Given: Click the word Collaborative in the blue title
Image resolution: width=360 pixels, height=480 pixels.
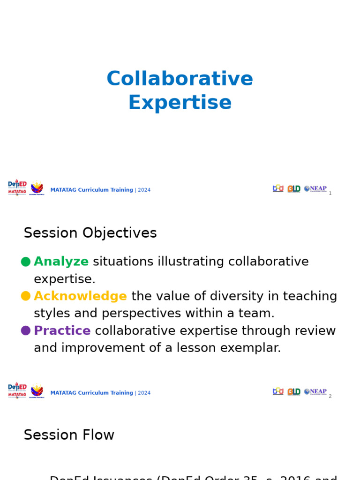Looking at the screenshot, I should pyautogui.click(x=180, y=79).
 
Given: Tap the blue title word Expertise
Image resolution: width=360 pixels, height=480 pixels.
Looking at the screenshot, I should pyautogui.click(x=180, y=103).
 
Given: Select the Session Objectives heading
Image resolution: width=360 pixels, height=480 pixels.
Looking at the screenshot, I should pyautogui.click(x=90, y=233).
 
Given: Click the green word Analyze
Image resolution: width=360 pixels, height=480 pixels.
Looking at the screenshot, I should pyautogui.click(x=61, y=262).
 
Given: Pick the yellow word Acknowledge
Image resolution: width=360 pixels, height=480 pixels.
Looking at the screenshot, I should pyautogui.click(x=80, y=296).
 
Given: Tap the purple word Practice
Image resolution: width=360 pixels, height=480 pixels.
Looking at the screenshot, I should pyautogui.click(x=62, y=331).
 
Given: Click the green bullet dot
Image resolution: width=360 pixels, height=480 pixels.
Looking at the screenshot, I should pyautogui.click(x=26, y=262).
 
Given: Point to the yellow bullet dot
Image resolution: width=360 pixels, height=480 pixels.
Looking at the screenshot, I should pyautogui.click(x=26, y=296).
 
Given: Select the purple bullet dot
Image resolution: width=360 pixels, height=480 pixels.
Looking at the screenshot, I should pyautogui.click(x=26, y=331).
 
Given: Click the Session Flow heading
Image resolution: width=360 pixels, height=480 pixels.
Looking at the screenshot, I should pyautogui.click(x=69, y=435).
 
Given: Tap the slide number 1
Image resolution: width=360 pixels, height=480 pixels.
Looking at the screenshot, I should pyautogui.click(x=330, y=193).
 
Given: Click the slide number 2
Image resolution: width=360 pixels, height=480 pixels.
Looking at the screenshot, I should pyautogui.click(x=330, y=396).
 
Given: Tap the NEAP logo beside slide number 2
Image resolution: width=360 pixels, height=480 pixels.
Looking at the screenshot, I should pyautogui.click(x=315, y=391).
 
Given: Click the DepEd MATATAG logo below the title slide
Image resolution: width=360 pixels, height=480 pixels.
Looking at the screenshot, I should pyautogui.click(x=17, y=187).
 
